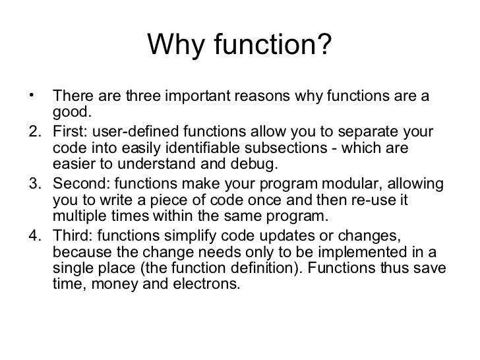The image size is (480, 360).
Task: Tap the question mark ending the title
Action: coord(325,45)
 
